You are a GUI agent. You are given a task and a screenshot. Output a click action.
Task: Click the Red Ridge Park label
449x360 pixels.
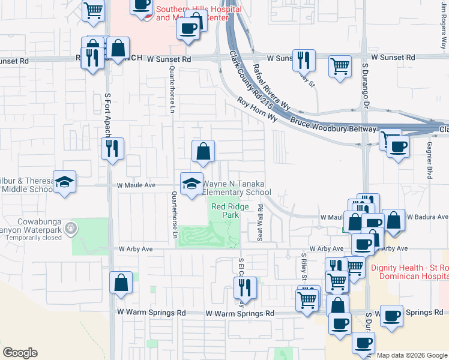point(226,211)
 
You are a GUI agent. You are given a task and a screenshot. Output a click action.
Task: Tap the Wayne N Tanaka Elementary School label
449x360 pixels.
point(237,188)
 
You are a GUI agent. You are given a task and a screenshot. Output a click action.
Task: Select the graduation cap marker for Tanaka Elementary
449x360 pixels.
point(191,183)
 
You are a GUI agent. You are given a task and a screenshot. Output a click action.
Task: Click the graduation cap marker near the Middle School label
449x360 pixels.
point(64,182)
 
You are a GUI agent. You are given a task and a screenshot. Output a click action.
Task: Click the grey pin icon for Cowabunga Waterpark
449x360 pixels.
point(71,227)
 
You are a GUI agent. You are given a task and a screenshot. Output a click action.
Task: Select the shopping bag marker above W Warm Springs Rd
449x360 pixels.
point(121,282)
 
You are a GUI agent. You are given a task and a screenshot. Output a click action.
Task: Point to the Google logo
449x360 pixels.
point(20,353)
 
